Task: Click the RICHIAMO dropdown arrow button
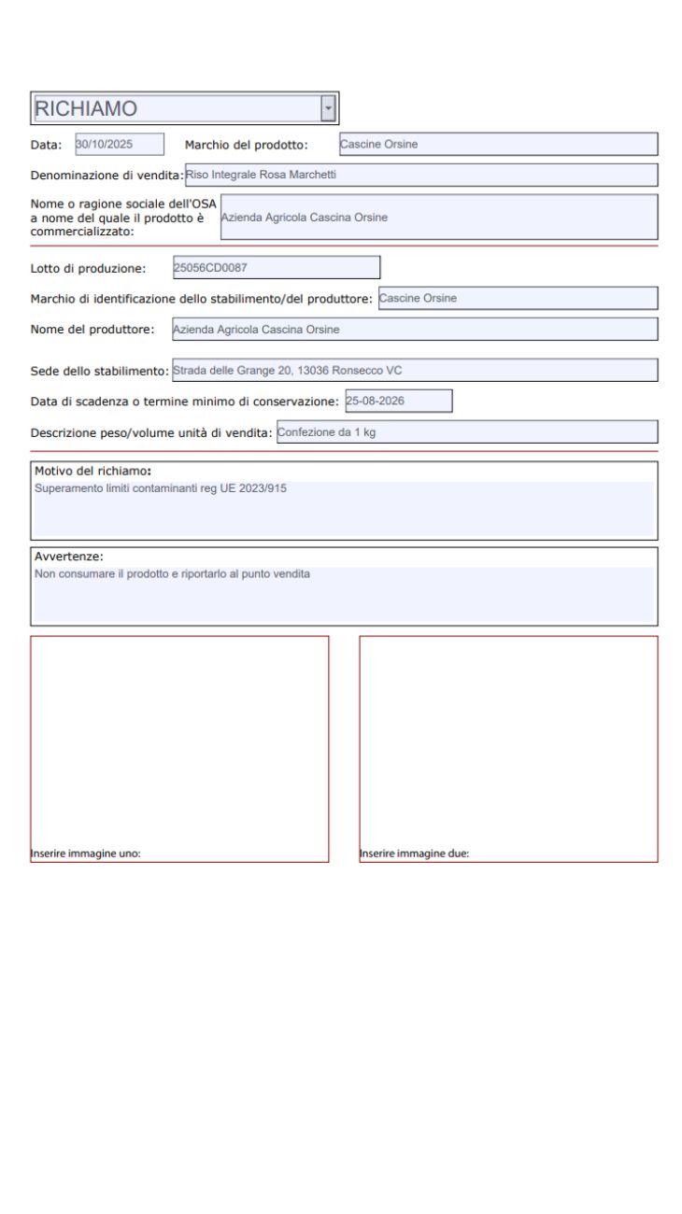coord(328,108)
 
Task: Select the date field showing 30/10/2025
coord(119,144)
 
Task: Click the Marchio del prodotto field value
coord(498,144)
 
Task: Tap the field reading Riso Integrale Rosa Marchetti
coord(420,175)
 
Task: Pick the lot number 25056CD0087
coord(277,268)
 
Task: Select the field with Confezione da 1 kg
coord(467,431)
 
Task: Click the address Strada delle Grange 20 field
coord(415,370)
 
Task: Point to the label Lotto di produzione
coord(88,269)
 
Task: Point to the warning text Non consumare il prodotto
coord(171,573)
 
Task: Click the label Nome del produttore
coord(92,330)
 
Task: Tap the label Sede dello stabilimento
coord(99,371)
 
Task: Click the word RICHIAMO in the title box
coord(86,108)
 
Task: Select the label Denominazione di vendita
coord(107,176)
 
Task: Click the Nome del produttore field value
coord(415,329)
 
